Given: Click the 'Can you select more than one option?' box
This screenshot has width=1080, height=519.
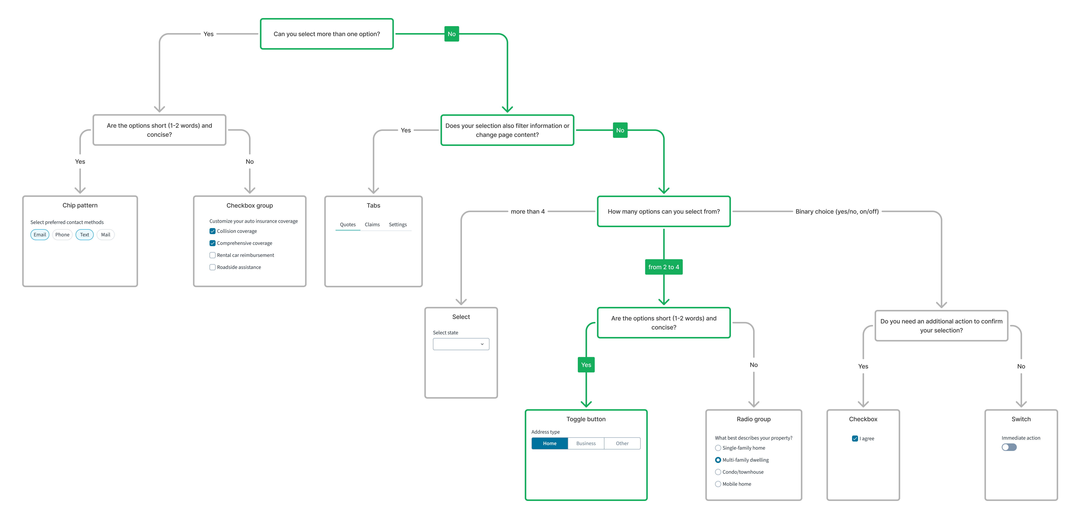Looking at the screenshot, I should point(327,34).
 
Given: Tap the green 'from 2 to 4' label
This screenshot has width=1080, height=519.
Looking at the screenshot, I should point(663,267).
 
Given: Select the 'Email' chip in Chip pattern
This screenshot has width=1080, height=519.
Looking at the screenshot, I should point(40,235).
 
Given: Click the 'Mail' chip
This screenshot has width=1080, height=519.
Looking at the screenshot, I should point(106,235).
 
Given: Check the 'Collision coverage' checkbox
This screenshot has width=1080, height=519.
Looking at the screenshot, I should point(213,231).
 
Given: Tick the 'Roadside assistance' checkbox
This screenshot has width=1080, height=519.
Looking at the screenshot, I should point(213,267).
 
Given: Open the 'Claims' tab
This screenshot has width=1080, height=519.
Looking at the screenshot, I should point(372,225).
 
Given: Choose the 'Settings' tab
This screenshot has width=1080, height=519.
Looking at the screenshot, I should point(397,225).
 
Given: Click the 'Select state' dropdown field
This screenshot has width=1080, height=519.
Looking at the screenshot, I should point(461,344).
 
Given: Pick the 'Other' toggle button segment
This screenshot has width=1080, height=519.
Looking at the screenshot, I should point(622,444).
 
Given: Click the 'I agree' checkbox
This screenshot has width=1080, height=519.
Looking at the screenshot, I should point(855,439).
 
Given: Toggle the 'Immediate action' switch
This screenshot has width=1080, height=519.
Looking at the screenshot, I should point(1009,447).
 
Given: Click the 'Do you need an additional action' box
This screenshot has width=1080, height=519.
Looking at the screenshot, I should point(941,326).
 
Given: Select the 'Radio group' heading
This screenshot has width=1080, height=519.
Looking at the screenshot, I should point(753,419).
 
